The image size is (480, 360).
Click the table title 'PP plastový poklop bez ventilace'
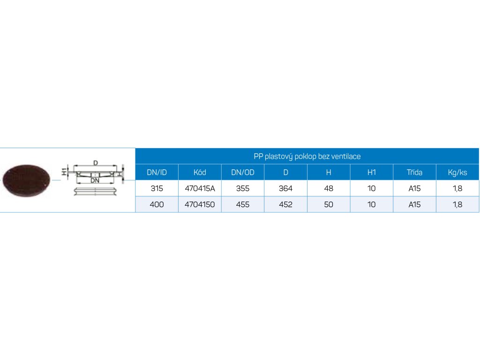pos(307,156)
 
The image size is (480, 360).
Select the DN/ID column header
pos(157,172)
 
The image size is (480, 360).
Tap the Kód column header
pos(200,172)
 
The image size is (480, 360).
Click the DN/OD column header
pos(243,172)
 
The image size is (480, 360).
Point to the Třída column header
pos(414,172)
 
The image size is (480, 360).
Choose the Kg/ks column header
pos(457,172)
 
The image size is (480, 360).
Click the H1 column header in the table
pos(372,172)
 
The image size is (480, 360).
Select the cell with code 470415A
pos(200,188)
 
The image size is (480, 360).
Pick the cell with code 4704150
pos(200,204)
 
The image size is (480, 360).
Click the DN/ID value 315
pos(157,188)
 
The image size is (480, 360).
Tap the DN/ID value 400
pos(157,204)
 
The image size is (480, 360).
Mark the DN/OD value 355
pos(243,188)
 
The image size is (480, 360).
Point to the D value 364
pos(285,188)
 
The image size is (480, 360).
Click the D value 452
pos(285,204)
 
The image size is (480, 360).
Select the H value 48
pos(329,188)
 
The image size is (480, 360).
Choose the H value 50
pos(329,204)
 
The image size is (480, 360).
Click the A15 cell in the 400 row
pos(414,204)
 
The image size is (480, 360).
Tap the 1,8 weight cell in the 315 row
pos(457,188)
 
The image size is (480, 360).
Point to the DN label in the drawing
pos(95,180)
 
